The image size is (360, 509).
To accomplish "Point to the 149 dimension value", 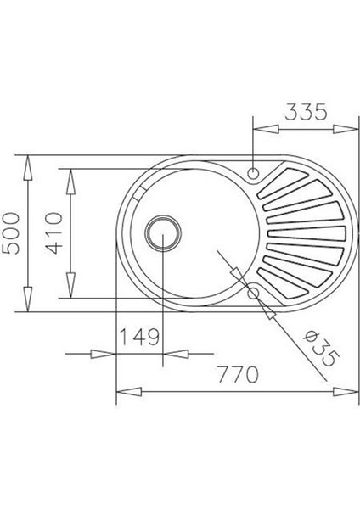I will [x=140, y=337].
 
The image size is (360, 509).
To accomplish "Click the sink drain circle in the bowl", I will [x=161, y=230].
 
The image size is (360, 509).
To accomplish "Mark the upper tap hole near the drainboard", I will [x=253, y=174].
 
